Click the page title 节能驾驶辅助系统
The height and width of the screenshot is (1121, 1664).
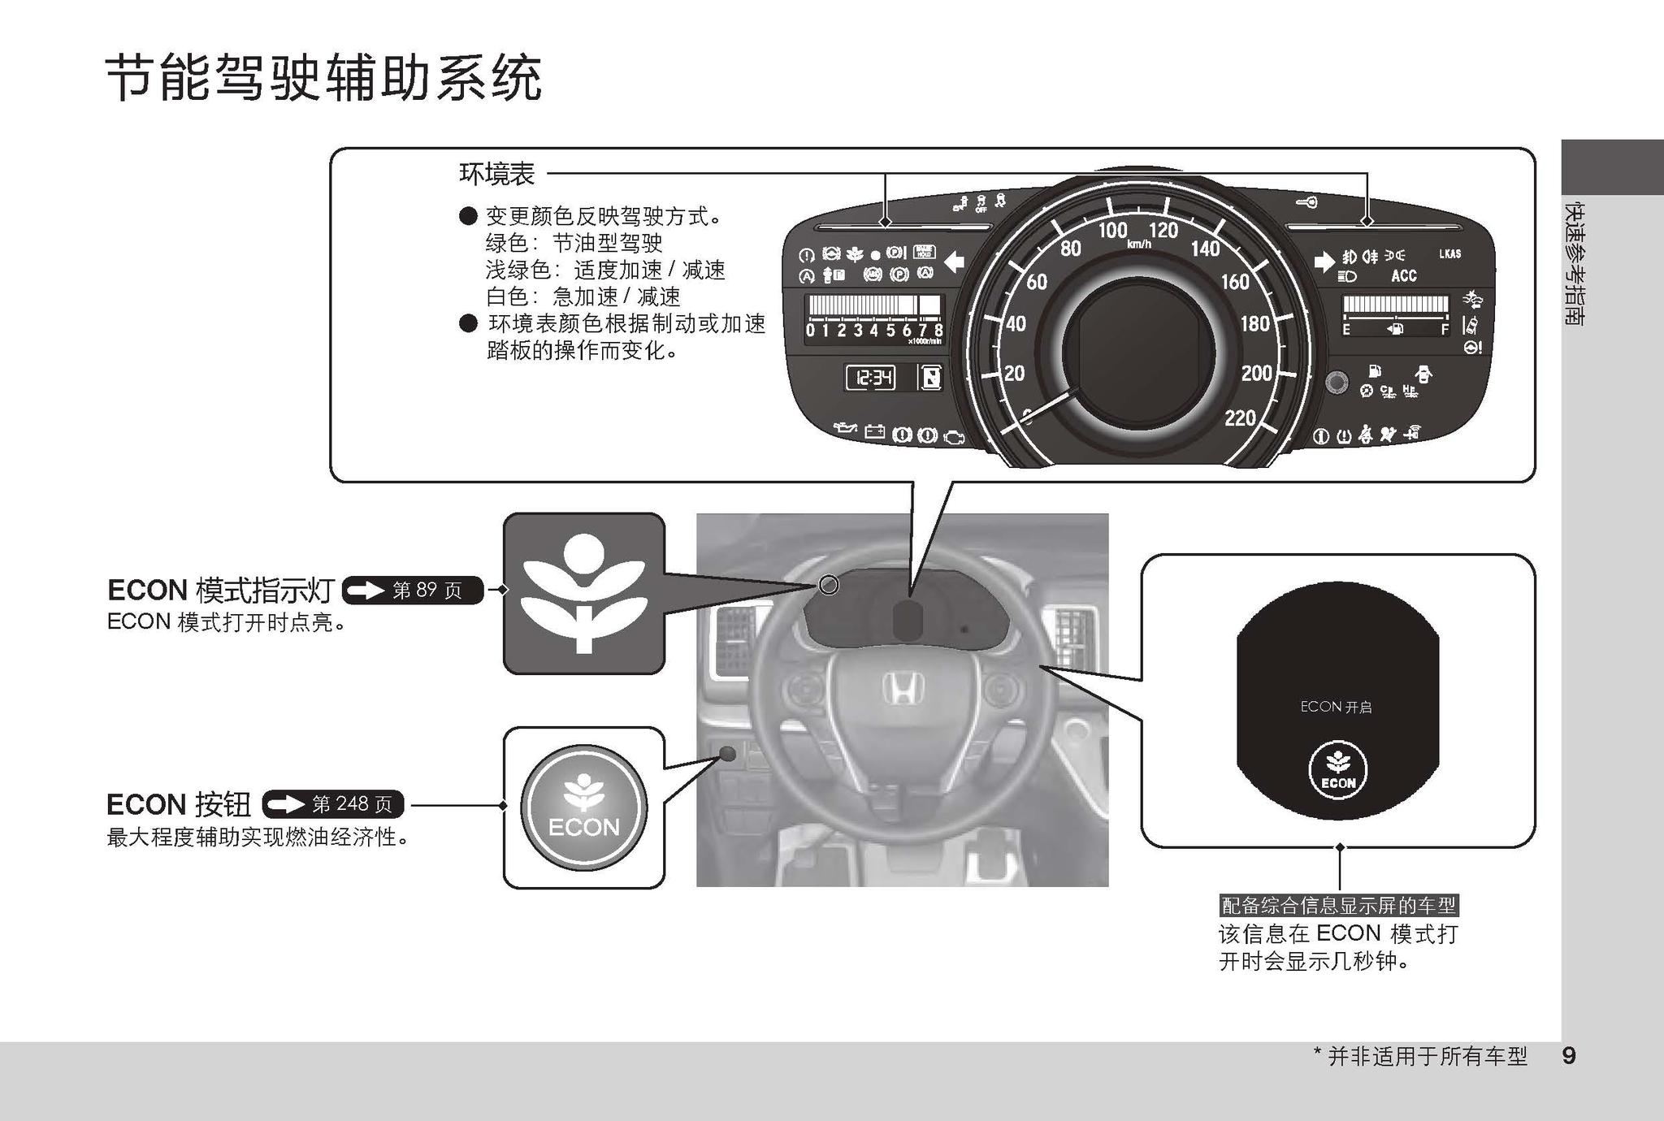point(323,79)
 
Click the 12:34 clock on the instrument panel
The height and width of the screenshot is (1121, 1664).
point(870,378)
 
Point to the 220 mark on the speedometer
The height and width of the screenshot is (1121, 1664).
point(1240,418)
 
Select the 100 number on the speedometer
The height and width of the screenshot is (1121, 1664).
point(1112,230)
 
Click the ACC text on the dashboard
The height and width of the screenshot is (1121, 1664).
point(1403,276)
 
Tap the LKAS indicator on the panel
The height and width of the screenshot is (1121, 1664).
point(1449,254)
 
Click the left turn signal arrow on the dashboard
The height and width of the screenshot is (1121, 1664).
point(954,262)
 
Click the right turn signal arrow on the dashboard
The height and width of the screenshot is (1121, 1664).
point(1324,262)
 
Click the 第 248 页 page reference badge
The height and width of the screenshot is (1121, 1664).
point(333,805)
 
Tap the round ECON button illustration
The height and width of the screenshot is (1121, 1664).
point(583,807)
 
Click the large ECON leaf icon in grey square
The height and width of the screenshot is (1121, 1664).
point(583,594)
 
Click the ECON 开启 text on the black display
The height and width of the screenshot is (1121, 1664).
point(1336,707)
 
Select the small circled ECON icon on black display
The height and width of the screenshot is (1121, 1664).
point(1338,770)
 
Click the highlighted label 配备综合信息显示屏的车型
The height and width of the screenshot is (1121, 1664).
point(1338,905)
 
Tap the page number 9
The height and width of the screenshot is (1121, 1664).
point(1569,1056)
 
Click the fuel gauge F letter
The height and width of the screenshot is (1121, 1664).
point(1445,330)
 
